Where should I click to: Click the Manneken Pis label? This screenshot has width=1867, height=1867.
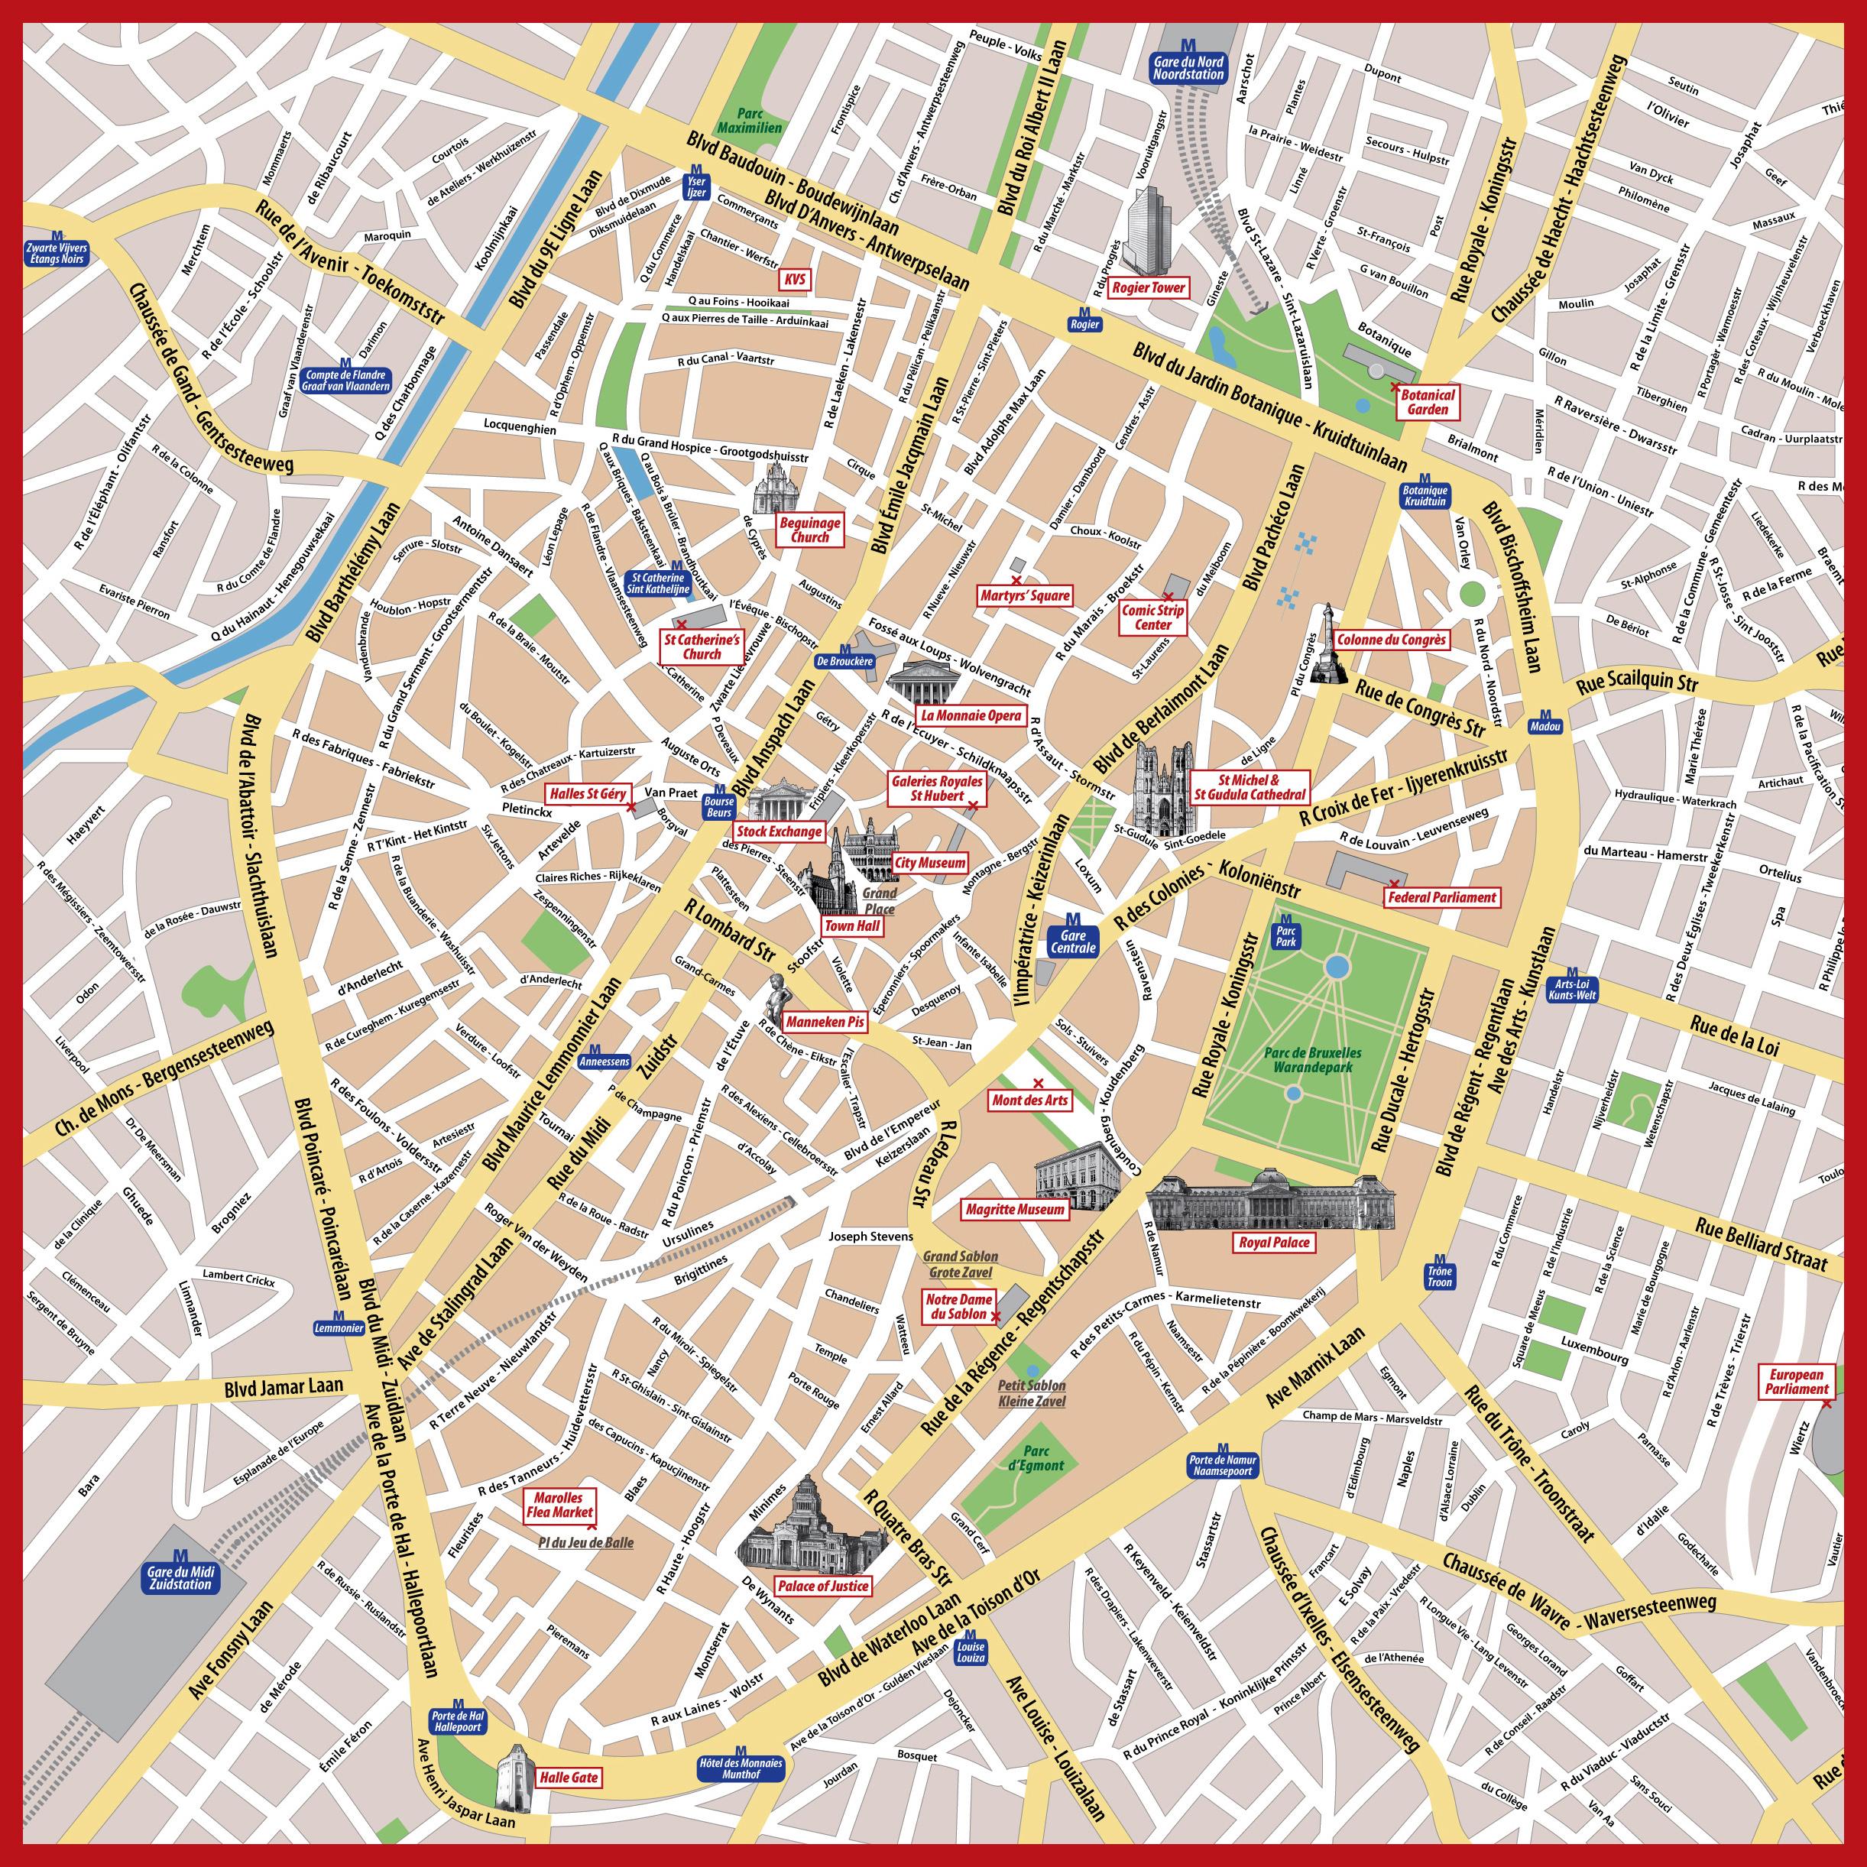[x=825, y=1022]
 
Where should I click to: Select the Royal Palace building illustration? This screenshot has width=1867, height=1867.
[x=1272, y=1198]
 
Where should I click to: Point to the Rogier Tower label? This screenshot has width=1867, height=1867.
[x=1148, y=287]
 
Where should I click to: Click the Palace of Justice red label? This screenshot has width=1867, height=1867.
[x=823, y=1586]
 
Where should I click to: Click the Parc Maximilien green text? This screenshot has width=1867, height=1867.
[x=749, y=120]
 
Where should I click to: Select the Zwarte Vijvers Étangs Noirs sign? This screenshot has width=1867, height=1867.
[x=57, y=252]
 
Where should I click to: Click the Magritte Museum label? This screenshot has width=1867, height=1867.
[x=1015, y=1209]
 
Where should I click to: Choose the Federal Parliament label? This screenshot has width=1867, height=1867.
[x=1441, y=896]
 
